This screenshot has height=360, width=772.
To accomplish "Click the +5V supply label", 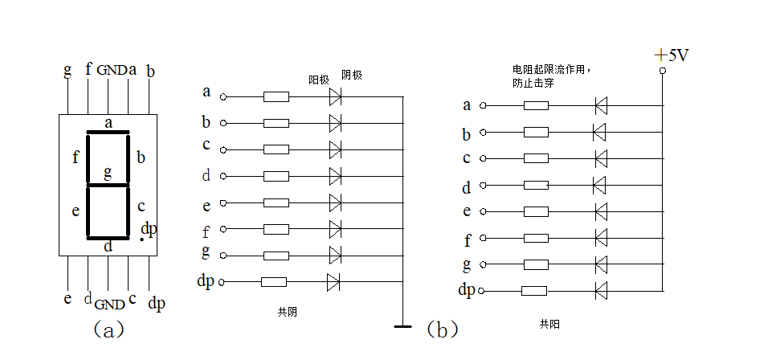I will (672, 55).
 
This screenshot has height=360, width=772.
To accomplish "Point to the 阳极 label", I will (319, 80).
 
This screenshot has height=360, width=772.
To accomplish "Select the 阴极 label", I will (352, 75).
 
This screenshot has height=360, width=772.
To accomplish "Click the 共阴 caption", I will (287, 312).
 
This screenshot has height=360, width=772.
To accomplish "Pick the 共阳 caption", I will (549, 323).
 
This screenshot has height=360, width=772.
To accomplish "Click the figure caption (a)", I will (108, 329).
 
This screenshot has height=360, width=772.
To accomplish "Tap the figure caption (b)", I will (442, 329).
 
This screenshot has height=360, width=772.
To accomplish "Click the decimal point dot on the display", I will (142, 239).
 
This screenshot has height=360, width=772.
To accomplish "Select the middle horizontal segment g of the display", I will (108, 185).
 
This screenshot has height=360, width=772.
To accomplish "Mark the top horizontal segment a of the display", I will (108, 132).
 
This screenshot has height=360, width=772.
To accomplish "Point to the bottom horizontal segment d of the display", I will (108, 238).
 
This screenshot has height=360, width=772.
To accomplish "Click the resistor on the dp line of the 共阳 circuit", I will (533, 290).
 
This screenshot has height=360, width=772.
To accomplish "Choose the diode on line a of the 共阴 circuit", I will (335, 97).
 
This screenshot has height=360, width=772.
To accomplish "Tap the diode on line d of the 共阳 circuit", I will (598, 185).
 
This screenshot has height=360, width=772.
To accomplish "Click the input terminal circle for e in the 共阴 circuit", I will (223, 202).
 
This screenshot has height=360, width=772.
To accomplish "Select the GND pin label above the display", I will (112, 70).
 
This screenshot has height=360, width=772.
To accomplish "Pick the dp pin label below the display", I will (156, 303).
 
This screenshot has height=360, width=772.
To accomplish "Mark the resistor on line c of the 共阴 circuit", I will (276, 149).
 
